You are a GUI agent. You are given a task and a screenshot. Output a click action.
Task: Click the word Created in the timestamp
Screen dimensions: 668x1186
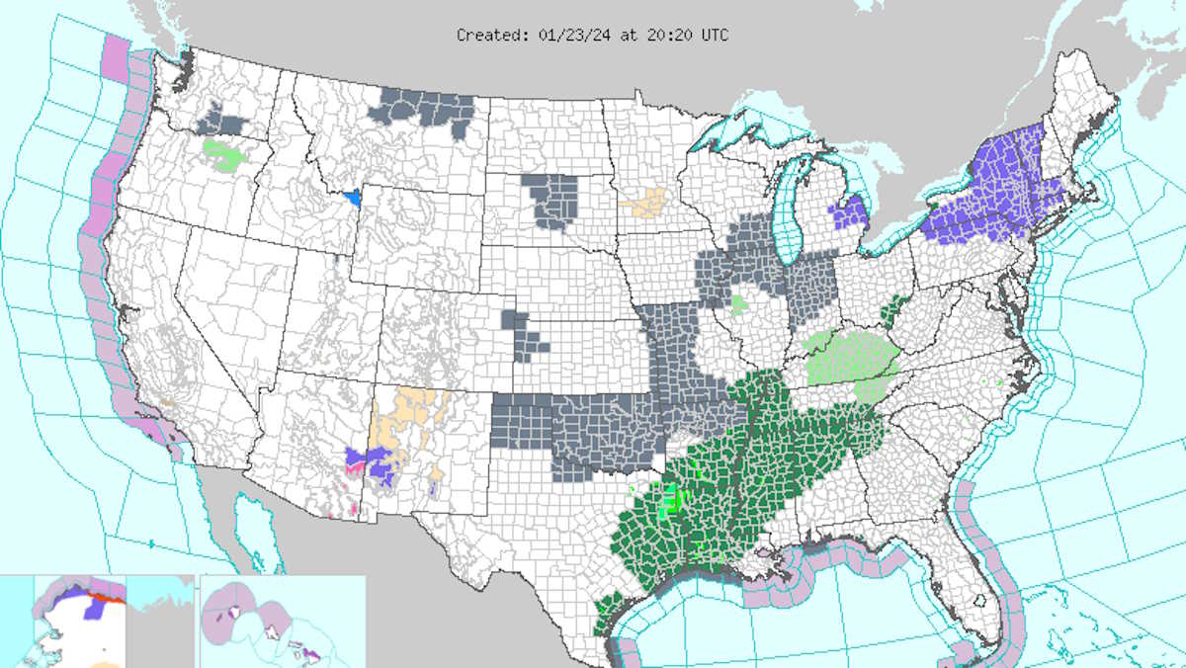click(484, 35)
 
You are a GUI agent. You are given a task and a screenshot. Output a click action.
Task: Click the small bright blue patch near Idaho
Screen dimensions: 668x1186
click(351, 197)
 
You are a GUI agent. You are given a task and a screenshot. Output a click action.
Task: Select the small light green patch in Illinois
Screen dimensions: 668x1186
click(739, 302)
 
